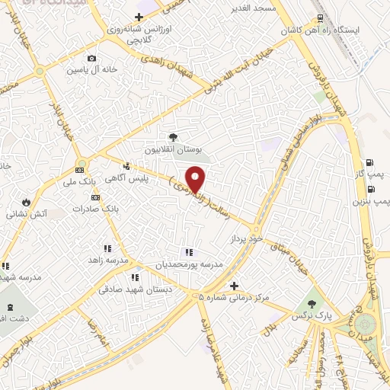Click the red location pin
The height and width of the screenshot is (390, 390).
click(197, 180)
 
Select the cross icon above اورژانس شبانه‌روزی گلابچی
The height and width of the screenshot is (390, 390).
click(138, 17)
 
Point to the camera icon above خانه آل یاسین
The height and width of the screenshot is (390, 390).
click(92, 59)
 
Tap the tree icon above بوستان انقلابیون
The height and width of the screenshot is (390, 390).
click(174, 138)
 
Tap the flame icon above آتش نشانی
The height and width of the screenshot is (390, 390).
click(28, 202)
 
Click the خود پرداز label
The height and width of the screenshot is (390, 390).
click(246, 238)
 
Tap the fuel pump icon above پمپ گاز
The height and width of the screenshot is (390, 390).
click(369, 162)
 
